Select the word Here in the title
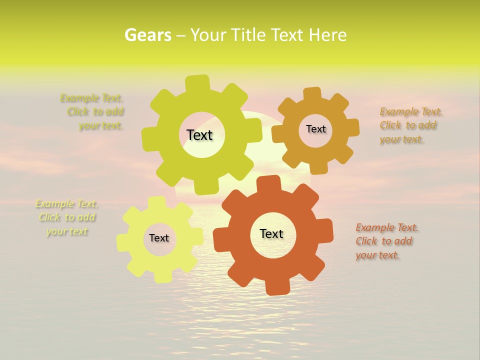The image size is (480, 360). tap(327, 35)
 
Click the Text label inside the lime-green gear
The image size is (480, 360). tap(199, 135)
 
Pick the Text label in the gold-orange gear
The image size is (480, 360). tap(315, 129)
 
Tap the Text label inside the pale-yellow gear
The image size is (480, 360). tap(159, 238)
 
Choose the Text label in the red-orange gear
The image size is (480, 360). tap(271, 233)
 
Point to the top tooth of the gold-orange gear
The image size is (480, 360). tap(312, 93)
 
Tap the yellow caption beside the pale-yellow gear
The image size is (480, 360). tap(66, 217)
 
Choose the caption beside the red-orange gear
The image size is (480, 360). tap(386, 241)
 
